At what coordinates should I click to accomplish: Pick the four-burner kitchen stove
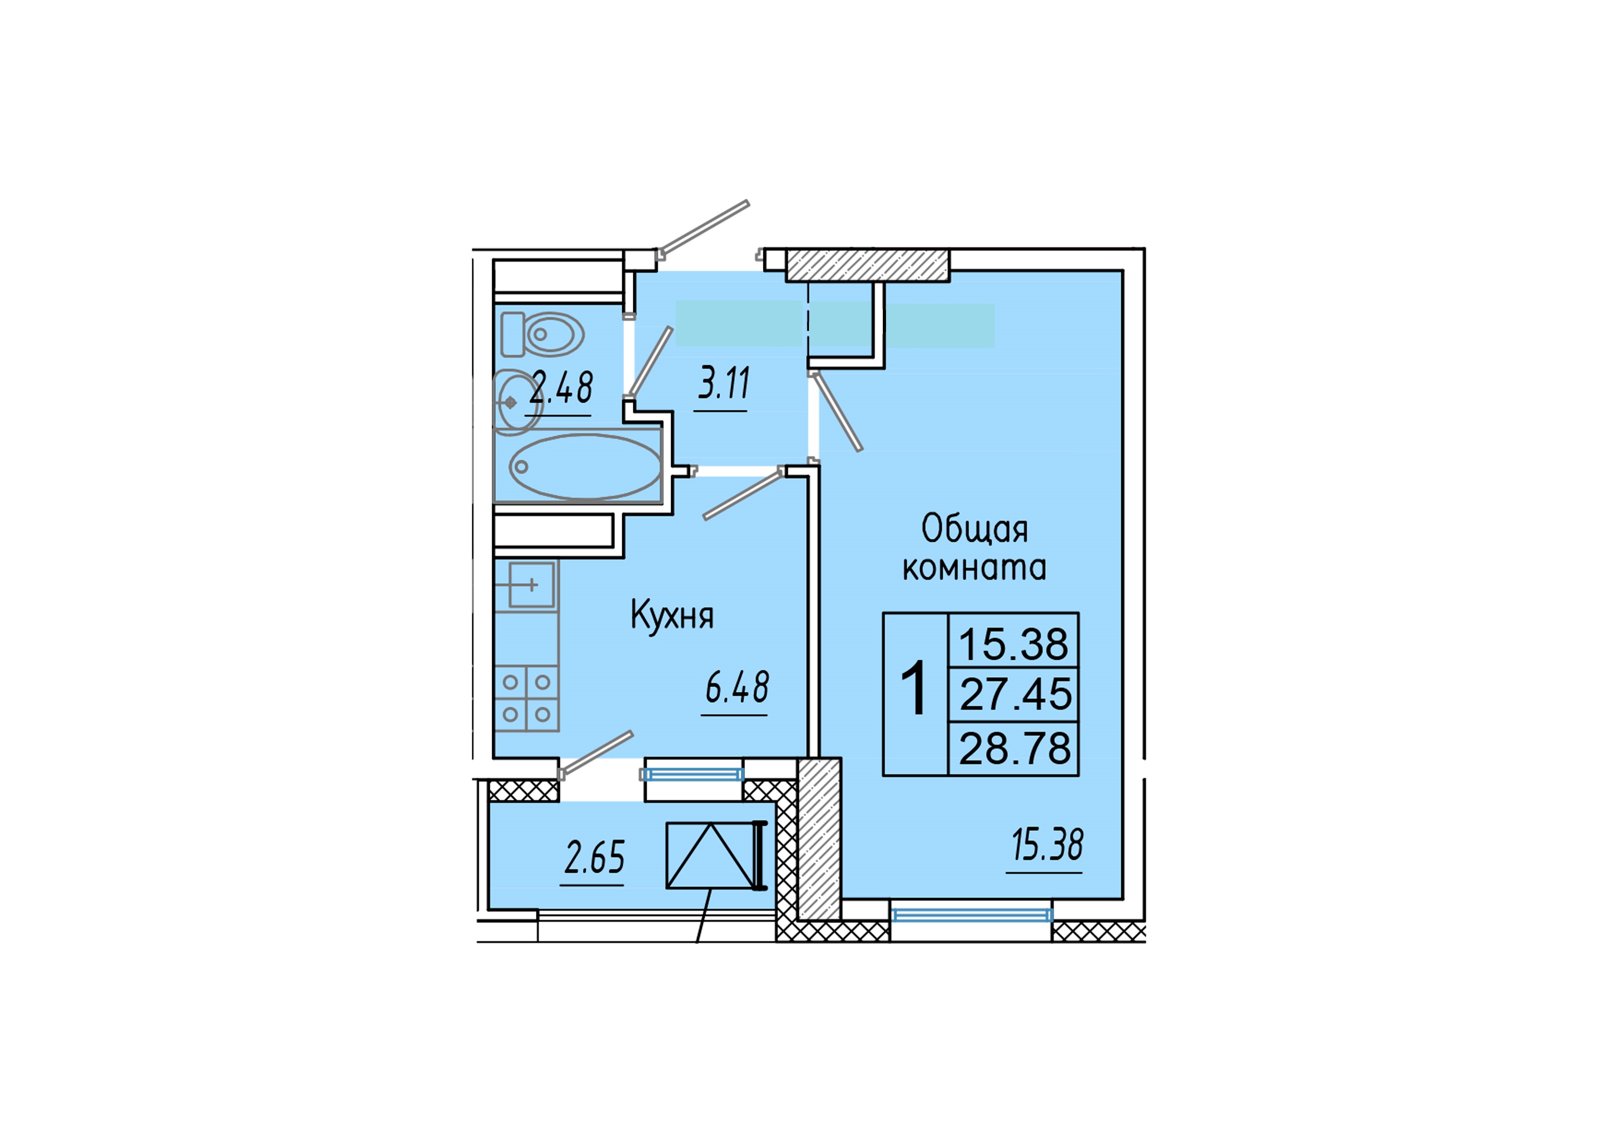(526, 698)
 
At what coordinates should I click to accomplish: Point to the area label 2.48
(561, 388)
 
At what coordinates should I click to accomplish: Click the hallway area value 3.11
(724, 384)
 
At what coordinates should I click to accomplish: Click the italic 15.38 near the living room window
(1047, 845)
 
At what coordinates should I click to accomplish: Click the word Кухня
(672, 615)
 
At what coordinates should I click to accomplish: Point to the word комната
(975, 568)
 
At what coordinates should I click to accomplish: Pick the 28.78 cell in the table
(1015, 748)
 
